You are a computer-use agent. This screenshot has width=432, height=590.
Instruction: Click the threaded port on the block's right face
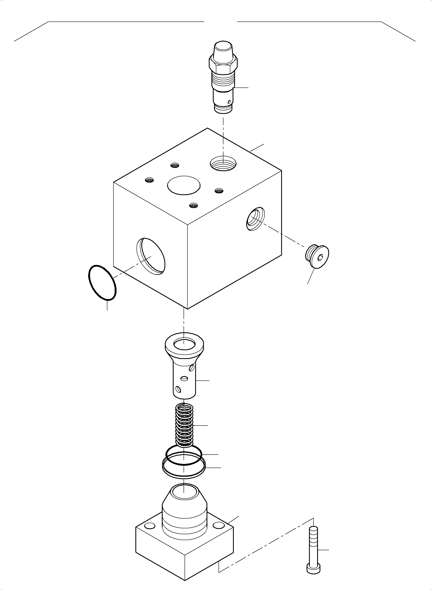pyautogui.click(x=255, y=219)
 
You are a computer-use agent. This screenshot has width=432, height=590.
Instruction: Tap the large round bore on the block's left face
pyautogui.click(x=151, y=256)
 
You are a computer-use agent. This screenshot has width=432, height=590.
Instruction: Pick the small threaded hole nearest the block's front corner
pyautogui.click(x=194, y=205)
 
